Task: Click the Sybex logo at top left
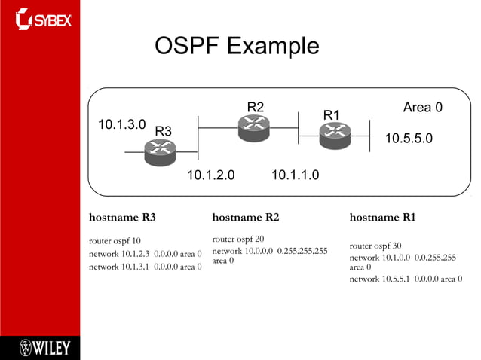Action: click(43, 19)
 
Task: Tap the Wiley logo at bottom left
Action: click(44, 347)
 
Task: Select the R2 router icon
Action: click(253, 127)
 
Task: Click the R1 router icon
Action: click(334, 135)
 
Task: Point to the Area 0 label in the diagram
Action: click(422, 108)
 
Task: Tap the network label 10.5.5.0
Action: click(409, 139)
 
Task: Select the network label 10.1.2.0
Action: click(210, 175)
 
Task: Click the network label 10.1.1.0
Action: click(295, 175)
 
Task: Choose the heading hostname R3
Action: click(122, 218)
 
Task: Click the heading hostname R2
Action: click(246, 218)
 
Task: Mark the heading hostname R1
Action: click(382, 218)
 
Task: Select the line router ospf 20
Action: click(238, 239)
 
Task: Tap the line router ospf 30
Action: click(375, 246)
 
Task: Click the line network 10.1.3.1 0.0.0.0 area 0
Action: click(145, 266)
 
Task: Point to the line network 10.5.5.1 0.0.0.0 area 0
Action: click(406, 279)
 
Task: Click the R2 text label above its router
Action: click(256, 106)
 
